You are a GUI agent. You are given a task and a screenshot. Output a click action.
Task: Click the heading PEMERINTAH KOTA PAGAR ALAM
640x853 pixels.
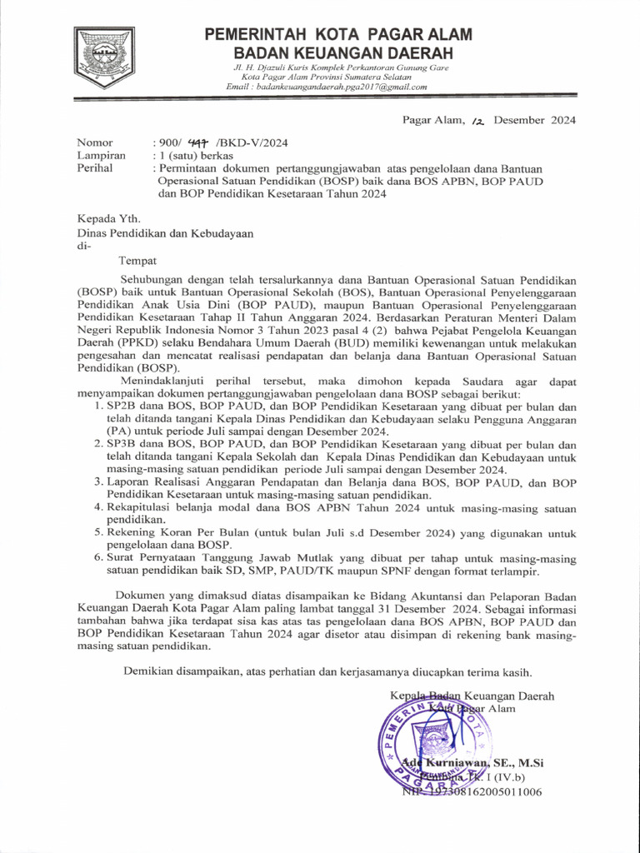(x=338, y=35)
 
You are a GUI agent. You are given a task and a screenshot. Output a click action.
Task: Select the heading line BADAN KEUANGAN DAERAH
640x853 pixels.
(x=338, y=52)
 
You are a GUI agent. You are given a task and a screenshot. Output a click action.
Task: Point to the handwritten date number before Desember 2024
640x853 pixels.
(x=477, y=122)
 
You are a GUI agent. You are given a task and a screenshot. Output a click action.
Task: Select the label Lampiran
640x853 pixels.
(x=101, y=156)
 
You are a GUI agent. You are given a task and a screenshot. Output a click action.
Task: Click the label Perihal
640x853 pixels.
(x=94, y=168)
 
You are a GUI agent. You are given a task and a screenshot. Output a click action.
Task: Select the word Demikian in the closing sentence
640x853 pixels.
(x=150, y=671)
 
